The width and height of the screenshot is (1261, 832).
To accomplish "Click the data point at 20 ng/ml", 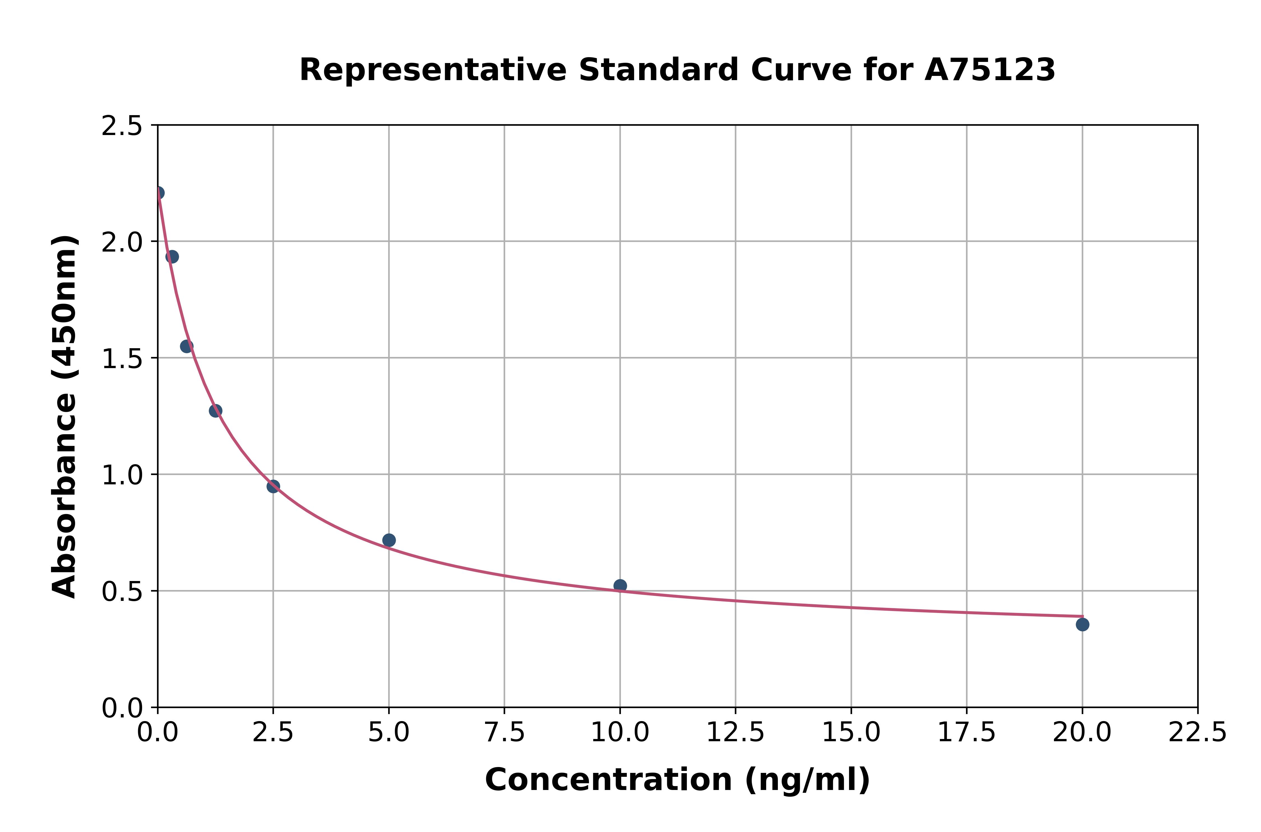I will tap(1082, 624).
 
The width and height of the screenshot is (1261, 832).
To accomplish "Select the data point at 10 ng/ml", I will tap(620, 586).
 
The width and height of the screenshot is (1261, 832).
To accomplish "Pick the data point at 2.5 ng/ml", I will tap(273, 486).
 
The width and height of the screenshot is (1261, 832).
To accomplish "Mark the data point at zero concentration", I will tap(158, 193).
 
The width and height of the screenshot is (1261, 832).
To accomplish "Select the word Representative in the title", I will tap(433, 70).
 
